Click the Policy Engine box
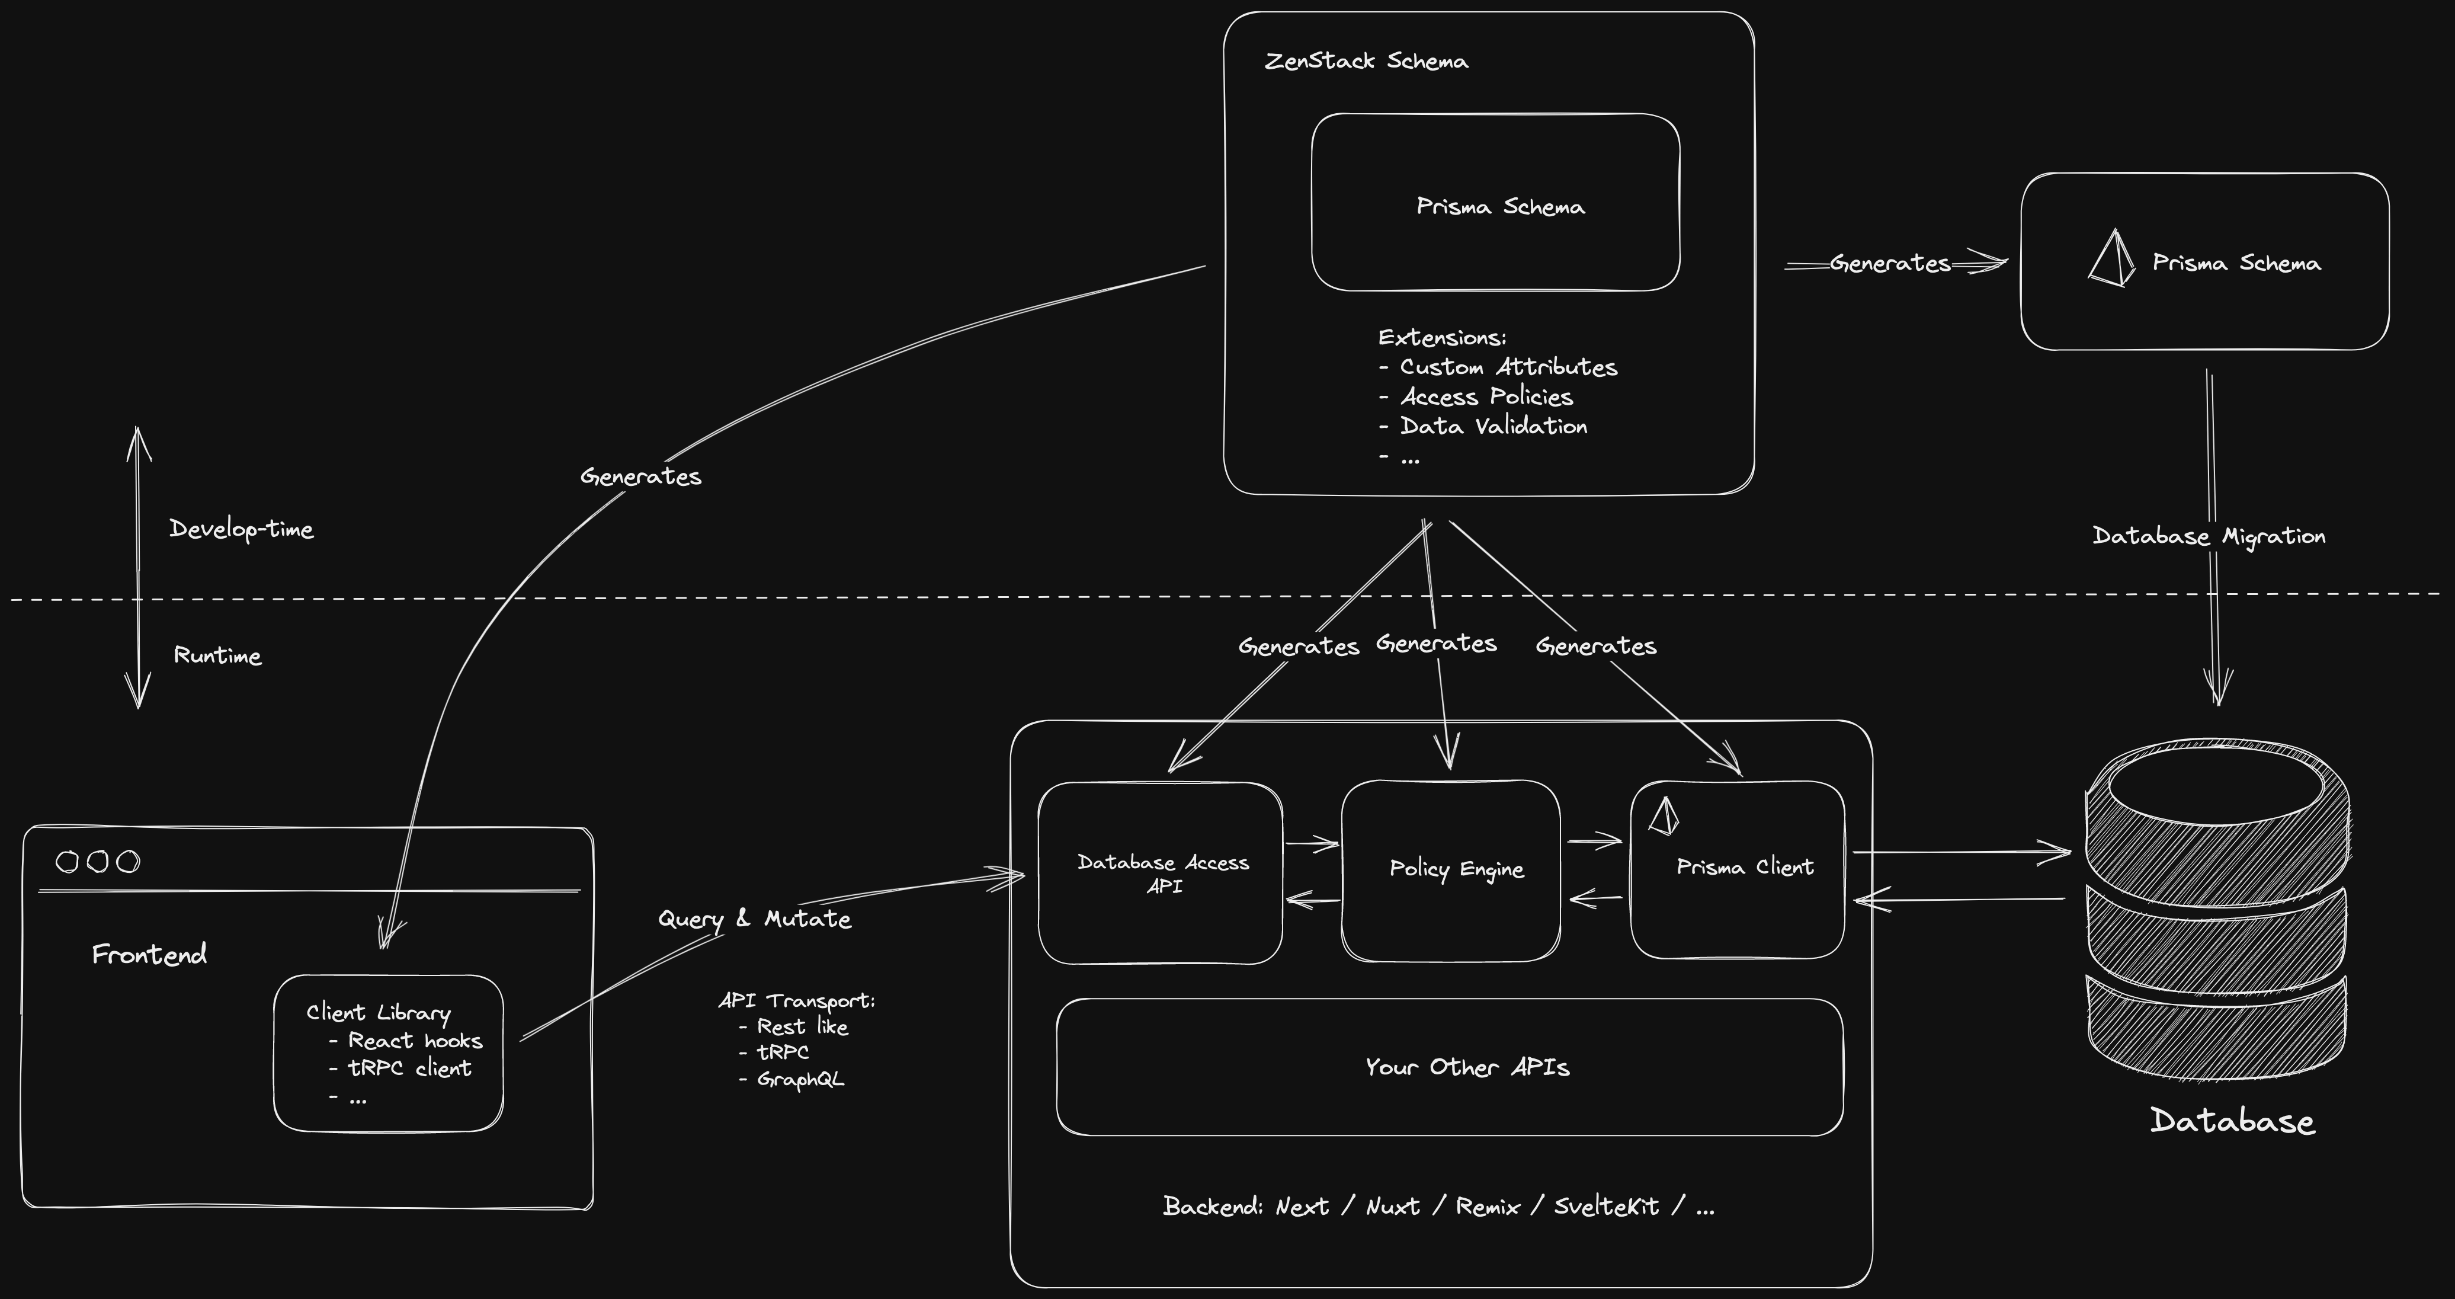[x=1450, y=869]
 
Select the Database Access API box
[x=1161, y=873]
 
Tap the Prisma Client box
[x=1738, y=869]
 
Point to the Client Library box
[x=388, y=1053]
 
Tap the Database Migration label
[x=2208, y=536]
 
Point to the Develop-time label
[x=241, y=529]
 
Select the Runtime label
[x=217, y=655]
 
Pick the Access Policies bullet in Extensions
[x=1485, y=396]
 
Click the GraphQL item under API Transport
[x=800, y=1079]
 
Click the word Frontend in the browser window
[x=150, y=954]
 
